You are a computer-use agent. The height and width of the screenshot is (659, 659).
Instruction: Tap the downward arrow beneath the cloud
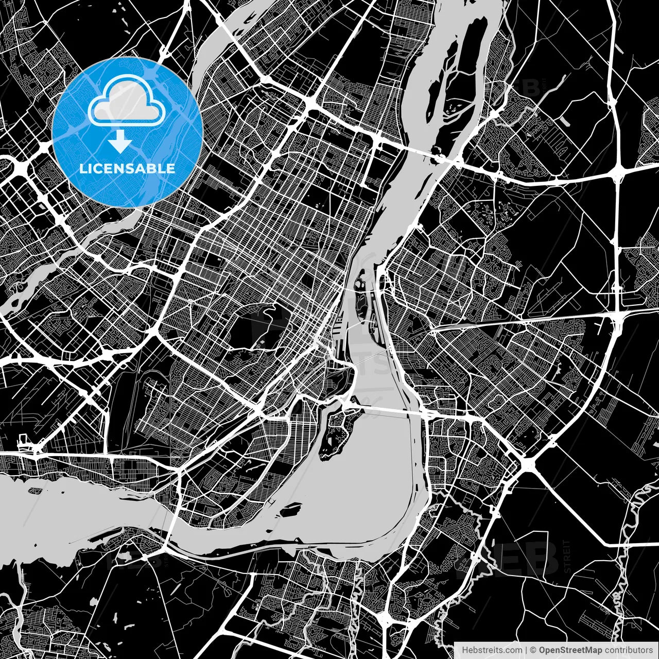pos(120,141)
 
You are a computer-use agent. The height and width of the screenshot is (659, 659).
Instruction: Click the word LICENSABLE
pos(127,168)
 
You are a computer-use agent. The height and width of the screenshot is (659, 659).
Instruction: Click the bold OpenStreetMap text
pos(570,650)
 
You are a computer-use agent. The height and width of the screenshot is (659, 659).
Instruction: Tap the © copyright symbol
pos(533,650)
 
